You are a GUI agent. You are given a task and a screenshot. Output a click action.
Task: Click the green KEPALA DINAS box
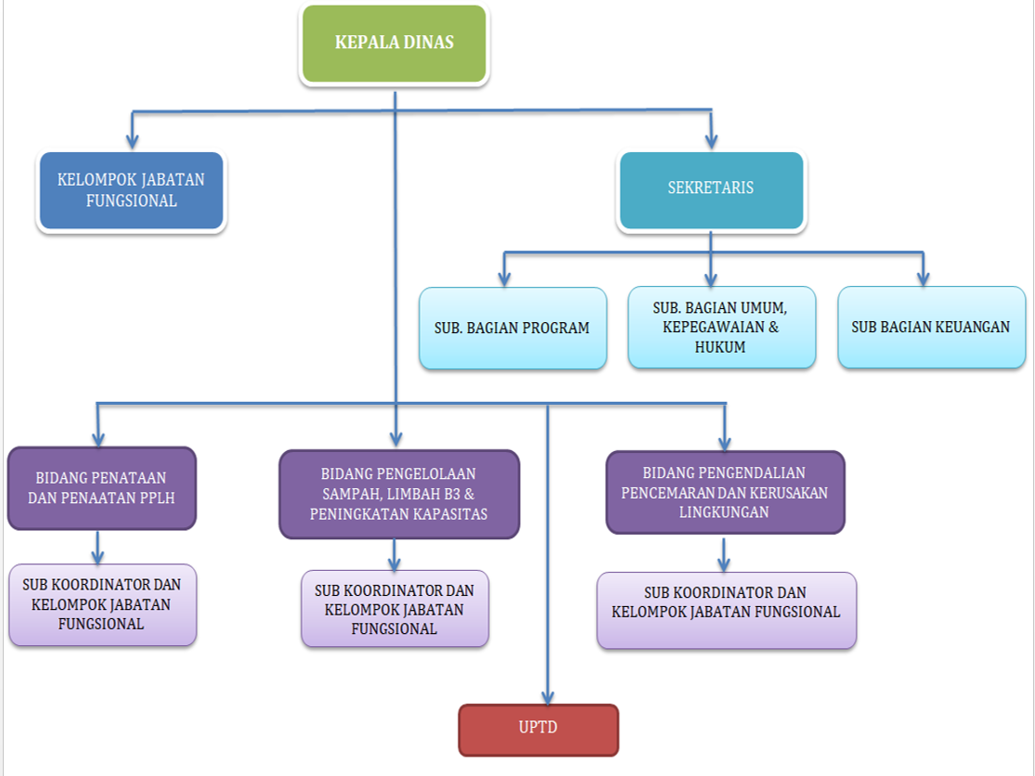click(x=395, y=43)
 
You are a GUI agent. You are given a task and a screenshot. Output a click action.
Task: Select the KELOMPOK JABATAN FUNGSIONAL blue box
click(x=131, y=190)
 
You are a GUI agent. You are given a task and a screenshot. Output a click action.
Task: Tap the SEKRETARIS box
click(x=711, y=189)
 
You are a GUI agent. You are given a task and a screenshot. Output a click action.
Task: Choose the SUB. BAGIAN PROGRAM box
click(x=512, y=328)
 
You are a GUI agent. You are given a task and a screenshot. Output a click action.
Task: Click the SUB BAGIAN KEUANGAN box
click(x=931, y=327)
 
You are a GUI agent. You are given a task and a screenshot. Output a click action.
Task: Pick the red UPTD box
click(x=538, y=729)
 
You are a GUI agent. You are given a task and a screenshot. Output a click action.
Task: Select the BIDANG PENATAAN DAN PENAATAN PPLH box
click(x=101, y=488)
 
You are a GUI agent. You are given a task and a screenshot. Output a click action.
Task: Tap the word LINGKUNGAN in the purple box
click(x=725, y=511)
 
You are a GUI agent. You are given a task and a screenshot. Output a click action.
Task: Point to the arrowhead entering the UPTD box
click(x=549, y=697)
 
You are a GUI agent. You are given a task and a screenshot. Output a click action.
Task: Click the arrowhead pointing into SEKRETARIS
click(x=712, y=141)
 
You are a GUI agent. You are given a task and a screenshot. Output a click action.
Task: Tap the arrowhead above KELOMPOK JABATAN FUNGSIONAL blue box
click(x=133, y=141)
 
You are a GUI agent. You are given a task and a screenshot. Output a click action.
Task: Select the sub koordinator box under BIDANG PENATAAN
click(x=101, y=604)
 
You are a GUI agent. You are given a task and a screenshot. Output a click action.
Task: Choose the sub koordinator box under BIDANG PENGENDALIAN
click(x=726, y=609)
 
